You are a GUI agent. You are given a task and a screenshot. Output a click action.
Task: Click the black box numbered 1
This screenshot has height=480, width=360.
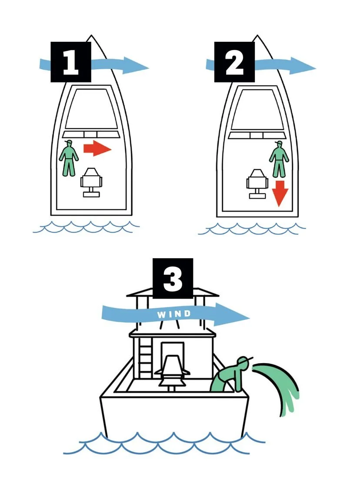tap(71, 62)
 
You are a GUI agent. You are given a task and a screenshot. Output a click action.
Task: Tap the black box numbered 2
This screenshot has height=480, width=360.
tap(234, 62)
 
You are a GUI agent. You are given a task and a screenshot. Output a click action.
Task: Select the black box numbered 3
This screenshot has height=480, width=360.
tap(173, 278)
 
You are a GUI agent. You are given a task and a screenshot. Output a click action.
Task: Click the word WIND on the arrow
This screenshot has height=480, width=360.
tap(174, 314)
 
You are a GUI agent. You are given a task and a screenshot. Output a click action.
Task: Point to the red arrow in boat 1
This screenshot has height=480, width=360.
tap(97, 148)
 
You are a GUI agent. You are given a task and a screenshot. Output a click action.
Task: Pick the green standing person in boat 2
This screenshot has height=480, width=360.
tap(279, 159)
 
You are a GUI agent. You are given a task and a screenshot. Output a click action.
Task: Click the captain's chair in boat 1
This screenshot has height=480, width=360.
tap(91, 182)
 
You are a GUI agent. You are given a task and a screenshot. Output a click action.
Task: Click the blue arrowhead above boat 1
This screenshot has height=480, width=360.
tap(135, 66)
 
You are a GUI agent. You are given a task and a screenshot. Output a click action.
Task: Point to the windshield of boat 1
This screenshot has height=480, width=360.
tap(92, 108)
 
